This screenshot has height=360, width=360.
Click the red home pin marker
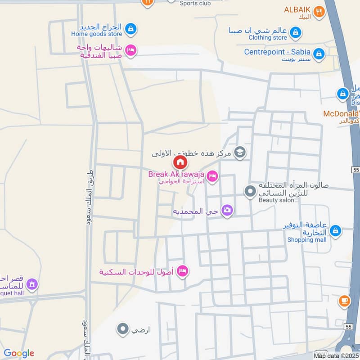(x=180, y=162)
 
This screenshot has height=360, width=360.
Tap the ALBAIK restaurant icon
(x=319, y=12)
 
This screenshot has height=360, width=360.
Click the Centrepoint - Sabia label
(x=278, y=52)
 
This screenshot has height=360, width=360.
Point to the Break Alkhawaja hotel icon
(x=213, y=176)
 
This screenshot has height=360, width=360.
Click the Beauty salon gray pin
(x=250, y=192)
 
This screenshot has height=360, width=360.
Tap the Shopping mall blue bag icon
(x=335, y=231)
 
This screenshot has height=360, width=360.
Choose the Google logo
(x=18, y=353)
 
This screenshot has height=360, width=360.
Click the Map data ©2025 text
(x=336, y=356)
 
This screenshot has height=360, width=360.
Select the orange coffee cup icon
(x=344, y=301)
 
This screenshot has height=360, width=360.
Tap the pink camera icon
(x=227, y=210)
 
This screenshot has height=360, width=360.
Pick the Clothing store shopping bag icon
(x=296, y=32)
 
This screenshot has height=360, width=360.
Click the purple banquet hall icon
(x=31, y=284)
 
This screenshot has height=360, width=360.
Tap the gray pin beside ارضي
(x=122, y=329)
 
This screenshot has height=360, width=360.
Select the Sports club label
(x=195, y=4)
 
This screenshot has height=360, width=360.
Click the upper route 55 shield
(x=355, y=169)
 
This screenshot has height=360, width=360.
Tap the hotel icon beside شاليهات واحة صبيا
(x=130, y=50)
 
